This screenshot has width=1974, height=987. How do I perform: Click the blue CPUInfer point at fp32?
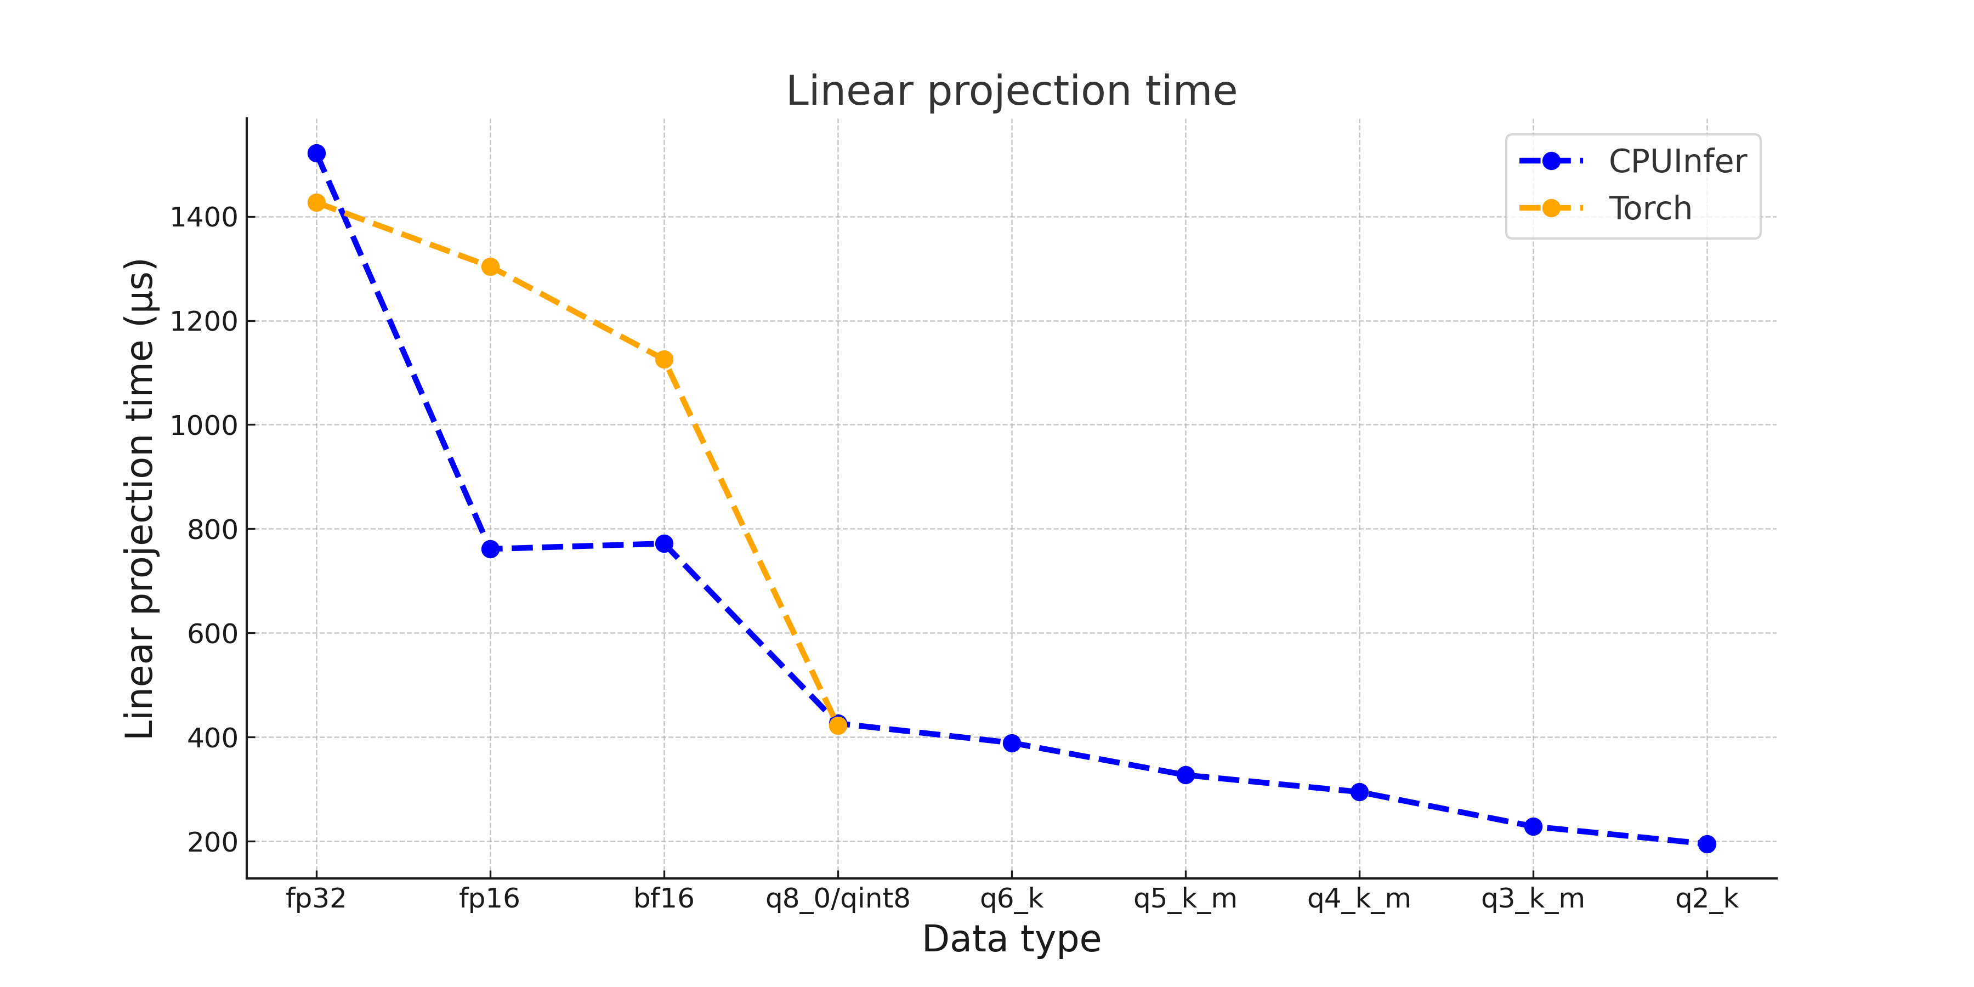tap(316, 154)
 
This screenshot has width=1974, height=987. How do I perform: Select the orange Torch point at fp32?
tap(316, 202)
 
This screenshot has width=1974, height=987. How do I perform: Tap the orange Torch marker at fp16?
tap(490, 266)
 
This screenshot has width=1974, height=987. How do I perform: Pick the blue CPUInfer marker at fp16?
tap(490, 549)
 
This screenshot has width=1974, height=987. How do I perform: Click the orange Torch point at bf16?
tap(665, 359)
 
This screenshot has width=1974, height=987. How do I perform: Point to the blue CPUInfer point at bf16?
tap(665, 543)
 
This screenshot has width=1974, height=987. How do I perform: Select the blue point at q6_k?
tap(1012, 742)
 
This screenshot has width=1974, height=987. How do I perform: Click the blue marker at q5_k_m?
tap(1185, 775)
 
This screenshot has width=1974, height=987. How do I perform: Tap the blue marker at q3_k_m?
tap(1533, 826)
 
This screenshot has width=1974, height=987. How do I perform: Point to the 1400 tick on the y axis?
tap(203, 218)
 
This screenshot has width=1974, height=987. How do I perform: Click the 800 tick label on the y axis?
tap(212, 530)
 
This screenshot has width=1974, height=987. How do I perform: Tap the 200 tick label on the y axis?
tap(212, 842)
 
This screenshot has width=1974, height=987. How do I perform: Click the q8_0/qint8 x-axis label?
tap(837, 898)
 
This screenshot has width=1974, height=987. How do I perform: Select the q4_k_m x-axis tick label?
tap(1359, 898)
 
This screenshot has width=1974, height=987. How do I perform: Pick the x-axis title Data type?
tap(1012, 939)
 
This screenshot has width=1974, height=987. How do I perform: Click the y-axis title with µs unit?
tap(140, 498)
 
